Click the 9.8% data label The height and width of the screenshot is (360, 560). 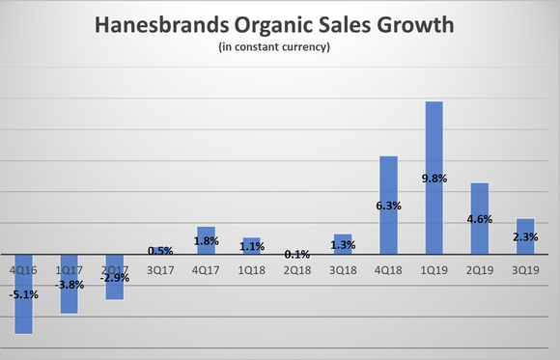[434, 178]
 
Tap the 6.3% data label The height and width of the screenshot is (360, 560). [388, 205]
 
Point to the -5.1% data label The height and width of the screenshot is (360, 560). [23, 294]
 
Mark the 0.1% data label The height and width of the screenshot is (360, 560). [297, 254]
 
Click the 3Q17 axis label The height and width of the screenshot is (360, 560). [160, 271]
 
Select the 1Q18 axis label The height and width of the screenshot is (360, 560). [251, 271]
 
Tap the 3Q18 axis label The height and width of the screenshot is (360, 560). [343, 271]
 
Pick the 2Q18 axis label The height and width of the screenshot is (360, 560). [297, 271]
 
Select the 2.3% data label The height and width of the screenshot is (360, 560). [524, 236]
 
